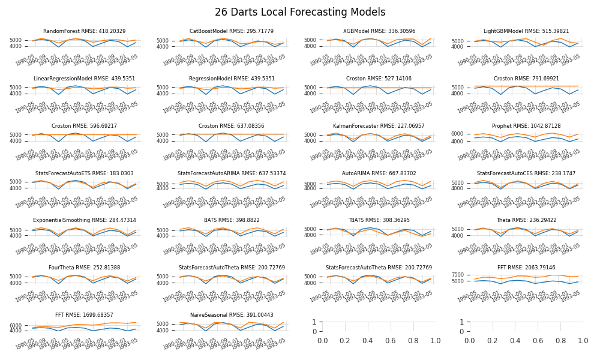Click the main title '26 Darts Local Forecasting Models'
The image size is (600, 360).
(300, 12)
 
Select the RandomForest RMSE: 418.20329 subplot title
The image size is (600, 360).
(85, 31)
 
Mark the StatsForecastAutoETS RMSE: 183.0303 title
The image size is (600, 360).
(85, 173)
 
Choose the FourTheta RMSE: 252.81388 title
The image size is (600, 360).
(85, 268)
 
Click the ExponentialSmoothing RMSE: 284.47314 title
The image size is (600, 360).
(85, 220)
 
